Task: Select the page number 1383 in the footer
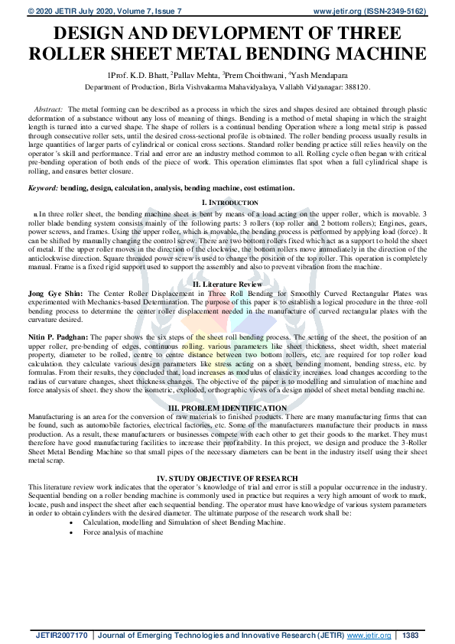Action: point(411,635)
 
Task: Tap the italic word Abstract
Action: point(51,110)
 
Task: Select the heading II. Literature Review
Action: point(227,283)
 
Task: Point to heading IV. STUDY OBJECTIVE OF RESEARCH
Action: point(227,478)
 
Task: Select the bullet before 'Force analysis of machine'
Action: point(73,532)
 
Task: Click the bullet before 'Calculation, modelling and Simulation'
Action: point(73,522)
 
